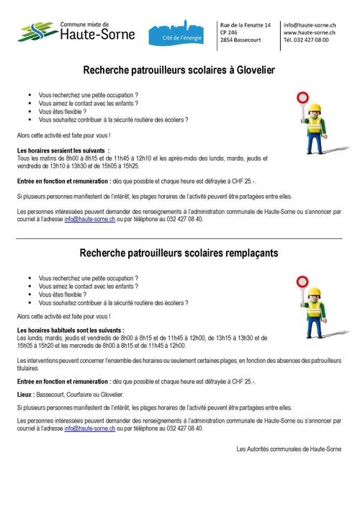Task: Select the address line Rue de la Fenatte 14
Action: point(247,25)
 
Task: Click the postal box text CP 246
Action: point(230,33)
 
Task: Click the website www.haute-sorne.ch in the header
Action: point(311,33)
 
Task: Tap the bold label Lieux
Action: point(28,395)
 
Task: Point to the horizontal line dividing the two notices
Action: point(180,236)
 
